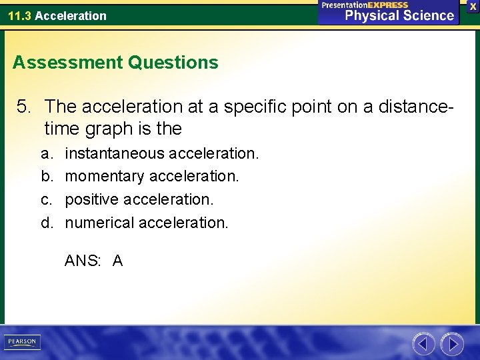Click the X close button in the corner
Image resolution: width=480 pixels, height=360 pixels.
pyautogui.click(x=473, y=6)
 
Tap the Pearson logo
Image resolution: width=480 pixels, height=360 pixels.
pyautogui.click(x=22, y=342)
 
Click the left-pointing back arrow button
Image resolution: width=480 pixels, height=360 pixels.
pyautogui.click(x=423, y=344)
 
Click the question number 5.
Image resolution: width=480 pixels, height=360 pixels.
pyautogui.click(x=25, y=106)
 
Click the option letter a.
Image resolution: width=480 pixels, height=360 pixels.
pyautogui.click(x=46, y=153)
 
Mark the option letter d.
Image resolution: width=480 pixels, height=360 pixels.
pyautogui.click(x=46, y=222)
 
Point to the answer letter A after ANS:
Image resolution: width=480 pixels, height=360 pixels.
pyautogui.click(x=118, y=261)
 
